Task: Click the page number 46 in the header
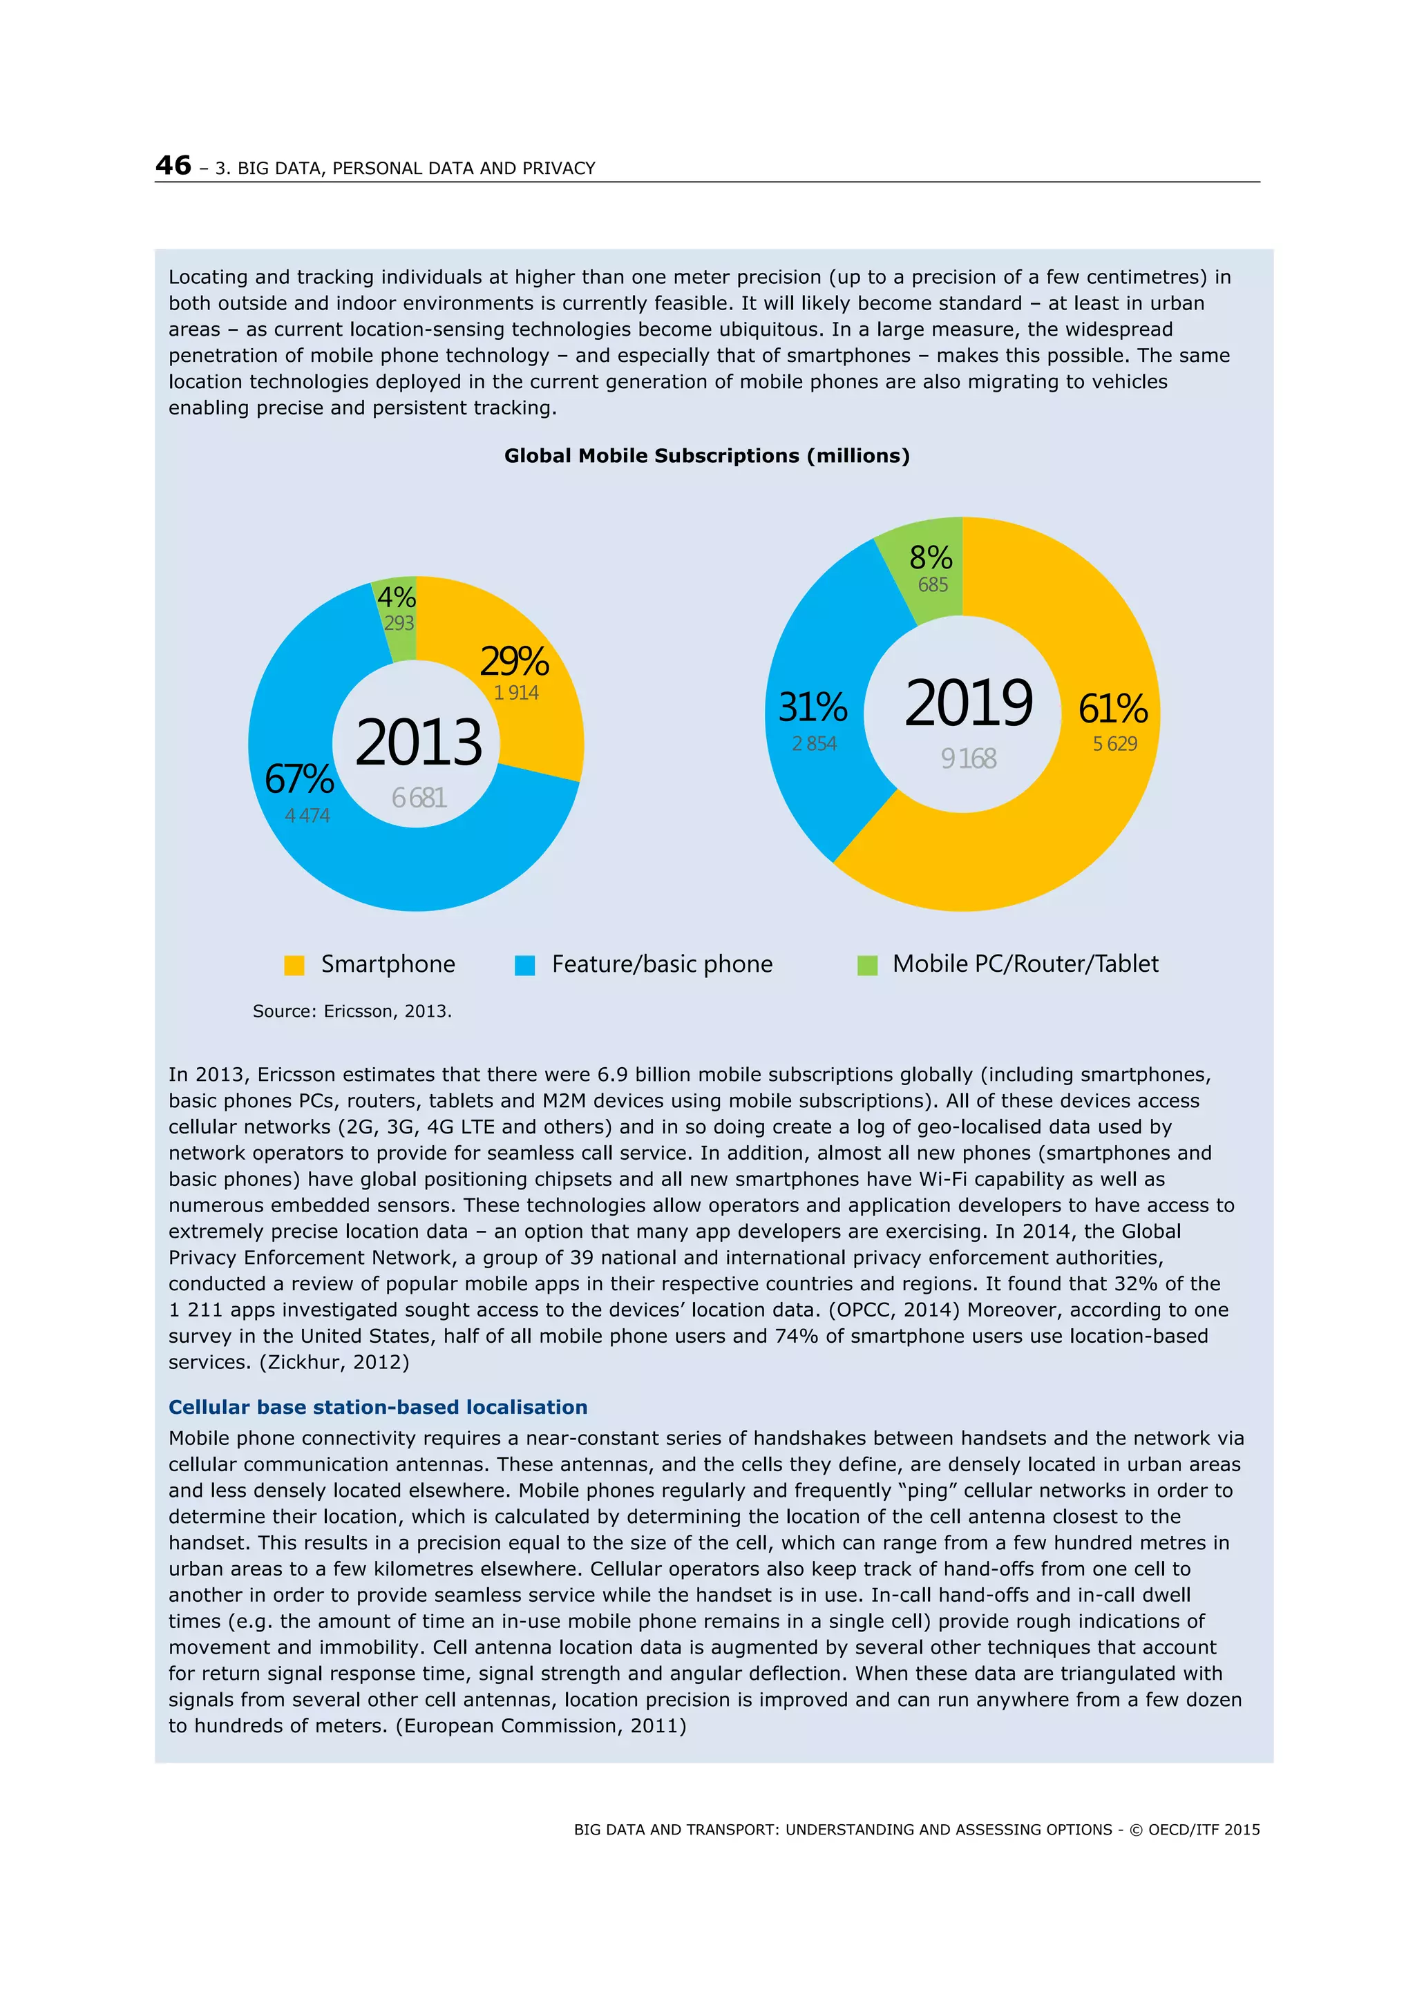pyautogui.click(x=173, y=166)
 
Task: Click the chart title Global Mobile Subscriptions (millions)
pyautogui.click(x=706, y=456)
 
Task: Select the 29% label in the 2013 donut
pyautogui.click(x=514, y=662)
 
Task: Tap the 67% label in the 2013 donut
pyautogui.click(x=299, y=779)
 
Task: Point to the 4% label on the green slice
pyautogui.click(x=396, y=598)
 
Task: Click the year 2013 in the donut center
pyautogui.click(x=419, y=743)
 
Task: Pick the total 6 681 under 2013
pyautogui.click(x=419, y=798)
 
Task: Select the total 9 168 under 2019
pyautogui.click(x=968, y=759)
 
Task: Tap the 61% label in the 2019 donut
pyautogui.click(x=1112, y=709)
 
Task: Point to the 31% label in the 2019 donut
pyautogui.click(x=813, y=707)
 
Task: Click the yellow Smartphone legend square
pyautogui.click(x=294, y=965)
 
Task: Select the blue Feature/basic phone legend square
pyautogui.click(x=525, y=965)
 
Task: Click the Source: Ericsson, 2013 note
pyautogui.click(x=352, y=1011)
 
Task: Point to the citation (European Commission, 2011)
pyautogui.click(x=540, y=1725)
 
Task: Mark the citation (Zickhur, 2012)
pyautogui.click(x=334, y=1361)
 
